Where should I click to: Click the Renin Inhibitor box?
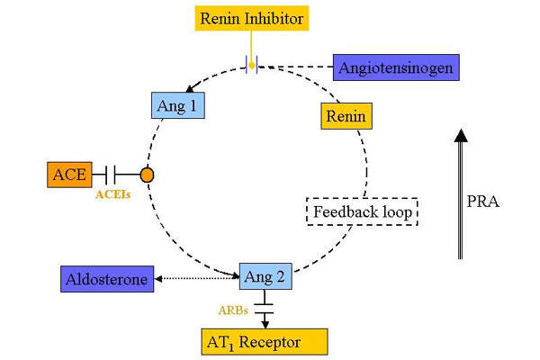[253, 17]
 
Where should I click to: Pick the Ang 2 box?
[265, 276]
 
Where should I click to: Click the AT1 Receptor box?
[264, 341]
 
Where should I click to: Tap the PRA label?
[483, 202]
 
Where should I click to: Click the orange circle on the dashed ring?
[147, 174]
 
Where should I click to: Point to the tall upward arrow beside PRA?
[460, 193]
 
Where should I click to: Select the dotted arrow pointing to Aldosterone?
[198, 280]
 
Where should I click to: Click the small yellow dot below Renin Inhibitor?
[253, 64]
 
